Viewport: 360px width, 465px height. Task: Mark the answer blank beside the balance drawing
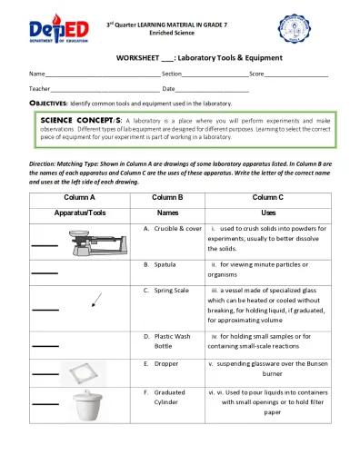click(43, 245)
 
